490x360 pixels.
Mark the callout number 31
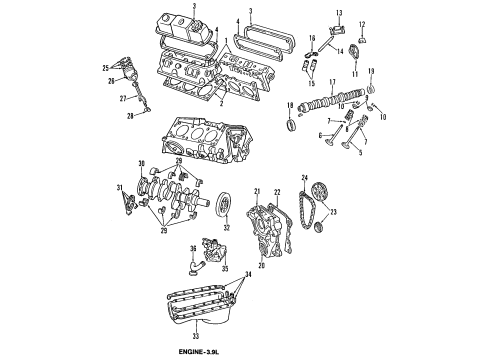coord(118,188)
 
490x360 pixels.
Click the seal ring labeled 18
coord(292,125)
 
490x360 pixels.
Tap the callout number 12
coord(362,23)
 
